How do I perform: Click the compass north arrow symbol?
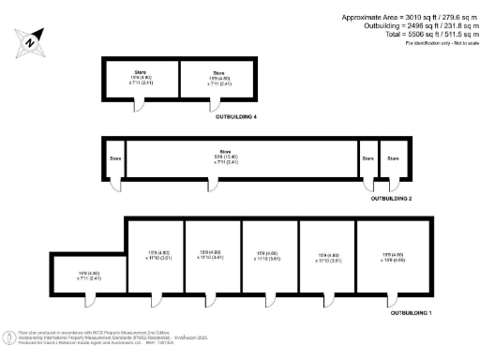click(31, 41)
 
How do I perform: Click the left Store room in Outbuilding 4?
click(141, 81)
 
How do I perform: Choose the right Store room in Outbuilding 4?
click(217, 81)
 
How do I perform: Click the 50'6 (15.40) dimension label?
click(223, 157)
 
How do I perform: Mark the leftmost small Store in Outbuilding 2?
click(115, 157)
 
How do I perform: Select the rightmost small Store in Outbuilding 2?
click(394, 157)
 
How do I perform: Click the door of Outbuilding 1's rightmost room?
click(387, 297)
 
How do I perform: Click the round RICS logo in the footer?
click(11, 335)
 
